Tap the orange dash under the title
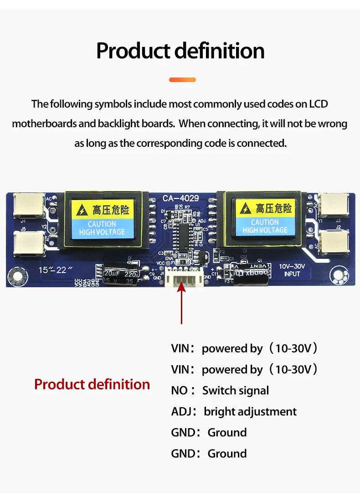click(x=182, y=80)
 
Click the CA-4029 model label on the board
click(x=180, y=198)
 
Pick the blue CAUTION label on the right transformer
click(x=265, y=226)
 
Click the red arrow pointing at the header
click(x=182, y=303)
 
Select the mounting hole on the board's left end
click(x=18, y=275)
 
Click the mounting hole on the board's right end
click(x=339, y=276)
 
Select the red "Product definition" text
click(x=92, y=384)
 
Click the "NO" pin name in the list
click(x=180, y=391)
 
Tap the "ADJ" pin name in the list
click(x=181, y=412)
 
